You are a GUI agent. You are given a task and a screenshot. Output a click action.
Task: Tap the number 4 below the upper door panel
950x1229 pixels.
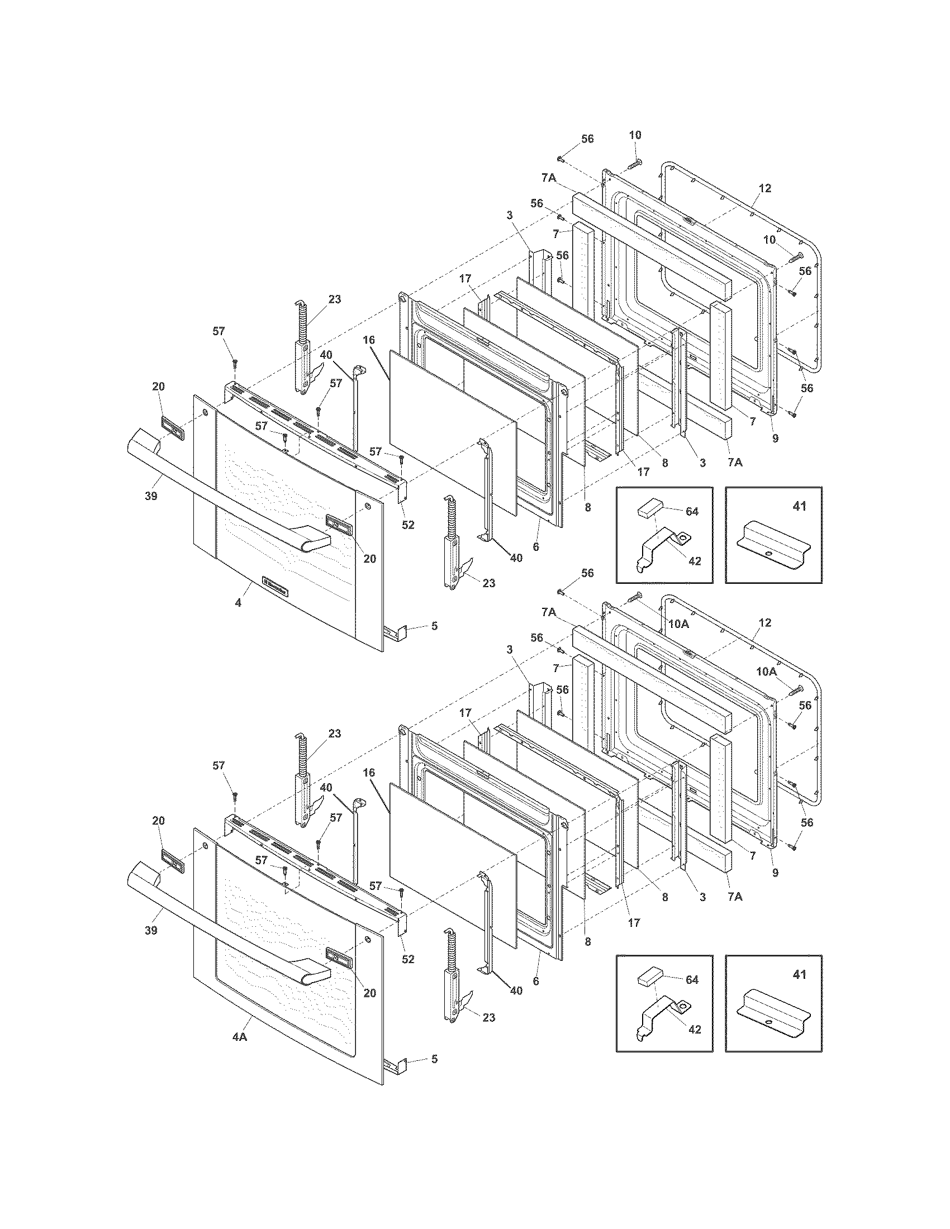click(x=238, y=603)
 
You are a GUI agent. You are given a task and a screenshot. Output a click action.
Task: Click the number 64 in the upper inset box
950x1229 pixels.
click(x=692, y=512)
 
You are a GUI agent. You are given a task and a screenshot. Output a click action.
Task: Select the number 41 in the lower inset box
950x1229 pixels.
click(x=799, y=974)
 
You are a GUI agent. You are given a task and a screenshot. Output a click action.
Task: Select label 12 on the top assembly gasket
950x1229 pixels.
click(x=764, y=188)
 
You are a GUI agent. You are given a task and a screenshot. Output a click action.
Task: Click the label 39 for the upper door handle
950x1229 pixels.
click(x=151, y=496)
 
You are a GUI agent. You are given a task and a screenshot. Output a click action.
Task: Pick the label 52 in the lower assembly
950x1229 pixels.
click(x=408, y=959)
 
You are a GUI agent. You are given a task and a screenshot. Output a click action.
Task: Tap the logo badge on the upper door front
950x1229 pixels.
click(x=275, y=591)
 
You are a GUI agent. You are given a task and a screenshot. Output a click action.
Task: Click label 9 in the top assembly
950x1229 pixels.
click(x=775, y=439)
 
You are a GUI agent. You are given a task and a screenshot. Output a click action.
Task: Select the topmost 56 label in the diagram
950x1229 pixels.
click(x=587, y=139)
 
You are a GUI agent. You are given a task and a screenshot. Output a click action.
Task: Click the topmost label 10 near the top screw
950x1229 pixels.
click(x=635, y=135)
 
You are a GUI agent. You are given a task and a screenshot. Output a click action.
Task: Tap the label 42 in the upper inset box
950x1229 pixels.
click(x=695, y=561)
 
